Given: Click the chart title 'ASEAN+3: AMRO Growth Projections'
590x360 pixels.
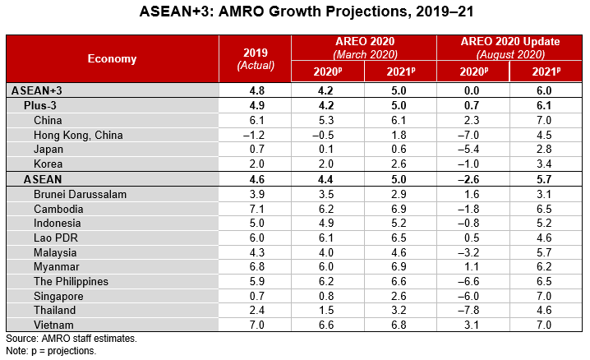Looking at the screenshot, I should click(x=294, y=14).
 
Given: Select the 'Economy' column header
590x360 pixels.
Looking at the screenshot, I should click(x=113, y=58).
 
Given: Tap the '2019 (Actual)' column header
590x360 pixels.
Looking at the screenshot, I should click(x=255, y=58).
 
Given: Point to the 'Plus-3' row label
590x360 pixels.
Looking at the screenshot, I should click(x=41, y=105).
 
